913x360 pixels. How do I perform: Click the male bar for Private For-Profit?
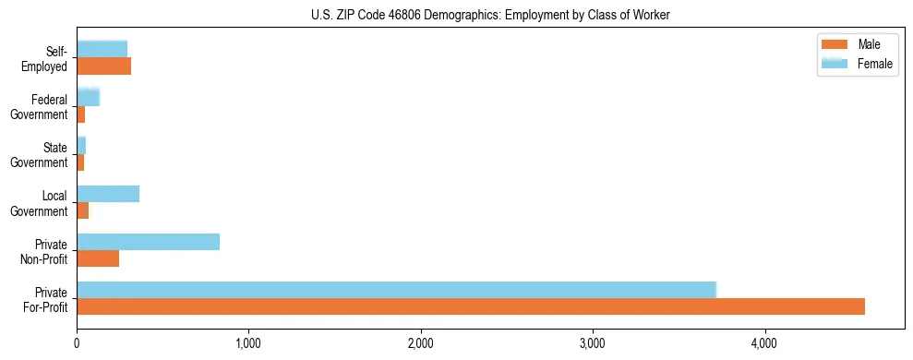click(x=471, y=306)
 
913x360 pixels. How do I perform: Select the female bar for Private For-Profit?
click(x=396, y=290)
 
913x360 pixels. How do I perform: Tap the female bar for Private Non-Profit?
click(x=148, y=242)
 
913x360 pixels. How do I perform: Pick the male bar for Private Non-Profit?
click(x=98, y=258)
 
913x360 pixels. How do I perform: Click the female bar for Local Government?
click(x=108, y=194)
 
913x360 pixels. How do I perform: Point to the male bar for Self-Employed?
click(x=103, y=66)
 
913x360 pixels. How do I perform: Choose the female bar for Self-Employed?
click(x=102, y=49)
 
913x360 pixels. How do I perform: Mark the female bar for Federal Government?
click(x=88, y=97)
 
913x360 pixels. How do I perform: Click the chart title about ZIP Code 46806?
click(x=490, y=14)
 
